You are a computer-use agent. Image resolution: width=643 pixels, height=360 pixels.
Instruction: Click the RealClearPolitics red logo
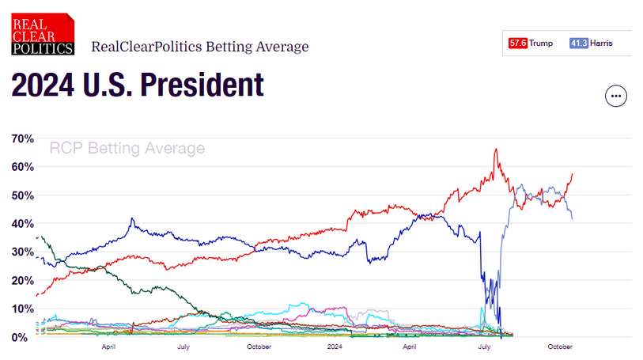click(x=43, y=34)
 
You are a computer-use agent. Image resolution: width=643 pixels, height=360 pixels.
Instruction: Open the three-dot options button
click(x=615, y=97)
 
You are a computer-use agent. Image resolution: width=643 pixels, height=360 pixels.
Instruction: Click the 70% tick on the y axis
click(x=22, y=139)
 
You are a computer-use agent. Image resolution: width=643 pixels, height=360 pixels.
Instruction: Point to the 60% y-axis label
click(x=22, y=167)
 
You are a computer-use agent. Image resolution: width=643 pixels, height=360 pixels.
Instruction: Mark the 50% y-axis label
click(x=22, y=195)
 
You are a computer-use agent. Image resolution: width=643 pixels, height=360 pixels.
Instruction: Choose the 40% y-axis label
click(x=22, y=224)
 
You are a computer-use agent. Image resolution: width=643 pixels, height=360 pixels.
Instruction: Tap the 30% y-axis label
click(x=22, y=252)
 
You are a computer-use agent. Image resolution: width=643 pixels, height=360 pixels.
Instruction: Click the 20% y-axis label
click(x=22, y=281)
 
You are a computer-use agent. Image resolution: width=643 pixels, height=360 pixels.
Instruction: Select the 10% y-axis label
click(x=22, y=309)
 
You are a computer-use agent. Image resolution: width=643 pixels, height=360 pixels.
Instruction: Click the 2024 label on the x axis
click(x=335, y=347)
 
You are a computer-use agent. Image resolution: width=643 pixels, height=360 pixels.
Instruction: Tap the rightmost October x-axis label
click(x=560, y=347)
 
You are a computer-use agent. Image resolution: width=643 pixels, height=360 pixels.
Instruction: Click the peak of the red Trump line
click(x=496, y=149)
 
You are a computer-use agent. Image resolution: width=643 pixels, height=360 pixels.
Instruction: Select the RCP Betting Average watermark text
click(x=127, y=149)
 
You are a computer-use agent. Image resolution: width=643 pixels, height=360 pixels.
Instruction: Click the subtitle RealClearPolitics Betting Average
click(x=200, y=47)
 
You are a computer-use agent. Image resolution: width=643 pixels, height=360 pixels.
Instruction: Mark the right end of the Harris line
click(x=573, y=218)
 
